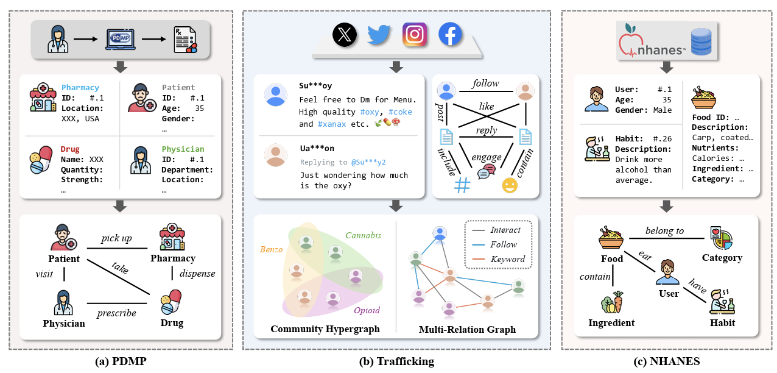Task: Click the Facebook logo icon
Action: pyautogui.click(x=451, y=34)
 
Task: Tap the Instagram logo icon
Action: pyautogui.click(x=414, y=34)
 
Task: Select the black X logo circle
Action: pyautogui.click(x=345, y=34)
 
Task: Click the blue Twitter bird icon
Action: pyautogui.click(x=379, y=34)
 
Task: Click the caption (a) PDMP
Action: pyautogui.click(x=121, y=361)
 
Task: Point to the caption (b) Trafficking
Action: pyautogui.click(x=397, y=361)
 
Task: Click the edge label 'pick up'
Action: pyautogui.click(x=117, y=238)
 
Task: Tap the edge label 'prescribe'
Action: pyautogui.click(x=116, y=313)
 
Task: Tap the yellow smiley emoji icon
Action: pyautogui.click(x=509, y=186)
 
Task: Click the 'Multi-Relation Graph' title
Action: pyautogui.click(x=467, y=329)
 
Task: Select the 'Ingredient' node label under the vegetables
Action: pyautogui.click(x=611, y=322)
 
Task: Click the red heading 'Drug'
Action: pyautogui.click(x=70, y=149)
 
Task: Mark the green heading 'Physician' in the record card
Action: pyautogui.click(x=183, y=149)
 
